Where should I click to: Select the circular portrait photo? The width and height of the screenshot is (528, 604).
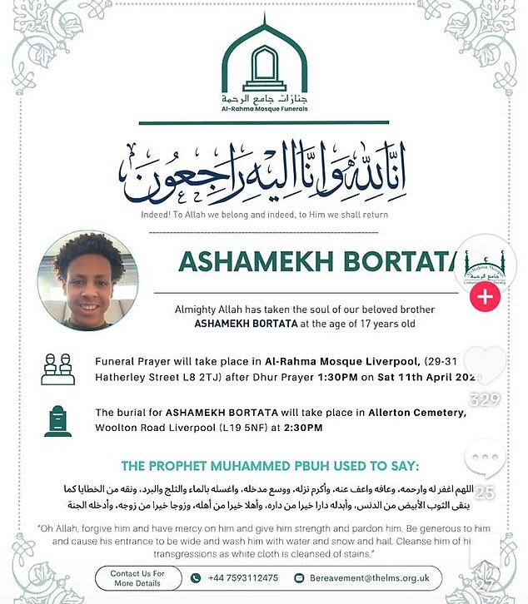tap(87, 282)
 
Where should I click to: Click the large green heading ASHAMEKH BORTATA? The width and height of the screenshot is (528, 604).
tap(316, 261)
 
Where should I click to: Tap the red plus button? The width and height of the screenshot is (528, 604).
tap(486, 297)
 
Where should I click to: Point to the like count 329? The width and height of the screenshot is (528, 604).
tap(485, 399)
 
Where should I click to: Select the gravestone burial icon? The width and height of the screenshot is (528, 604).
tap(57, 421)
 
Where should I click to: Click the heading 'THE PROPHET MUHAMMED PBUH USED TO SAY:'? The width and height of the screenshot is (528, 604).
tap(264, 465)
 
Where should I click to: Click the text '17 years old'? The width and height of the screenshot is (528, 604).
tap(378, 324)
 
